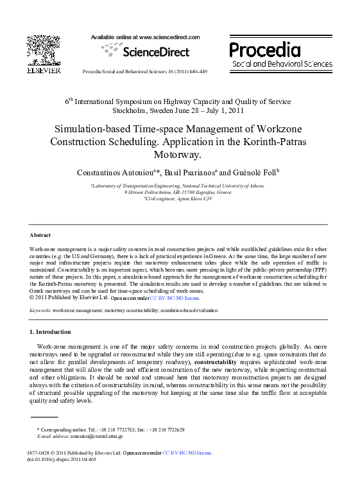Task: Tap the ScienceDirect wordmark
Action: pos(146,51)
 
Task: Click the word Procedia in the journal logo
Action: pos(264,49)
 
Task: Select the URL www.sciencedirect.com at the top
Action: pos(169,38)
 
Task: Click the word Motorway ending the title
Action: pos(178,155)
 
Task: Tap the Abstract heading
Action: pos(40,235)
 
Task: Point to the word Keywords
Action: pos(40,310)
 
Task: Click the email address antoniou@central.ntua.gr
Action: pos(97,436)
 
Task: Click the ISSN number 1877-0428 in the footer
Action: pos(40,453)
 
